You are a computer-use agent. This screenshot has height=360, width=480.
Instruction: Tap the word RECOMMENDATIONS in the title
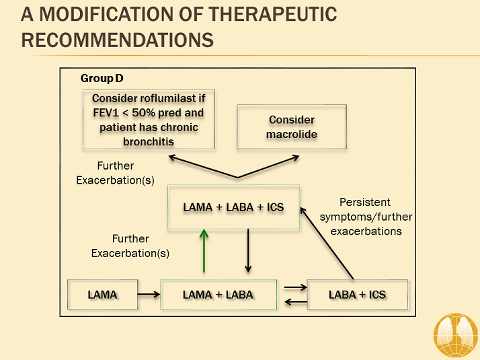point(118,40)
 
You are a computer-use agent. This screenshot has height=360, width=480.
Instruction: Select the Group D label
point(97,79)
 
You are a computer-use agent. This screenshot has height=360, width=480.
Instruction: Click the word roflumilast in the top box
point(168,98)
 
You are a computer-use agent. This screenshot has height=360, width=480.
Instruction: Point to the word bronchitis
point(149,141)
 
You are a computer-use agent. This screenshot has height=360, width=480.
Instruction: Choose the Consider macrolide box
point(292,127)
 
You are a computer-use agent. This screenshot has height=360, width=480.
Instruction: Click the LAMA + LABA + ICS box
point(233,207)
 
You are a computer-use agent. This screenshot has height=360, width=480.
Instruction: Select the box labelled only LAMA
point(102,295)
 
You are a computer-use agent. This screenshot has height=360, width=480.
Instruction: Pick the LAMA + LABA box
point(218,295)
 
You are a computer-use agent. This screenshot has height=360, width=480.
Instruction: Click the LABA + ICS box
point(357,295)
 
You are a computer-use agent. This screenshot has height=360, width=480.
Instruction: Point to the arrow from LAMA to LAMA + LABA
point(149,295)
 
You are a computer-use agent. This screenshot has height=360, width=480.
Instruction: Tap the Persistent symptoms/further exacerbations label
point(365,217)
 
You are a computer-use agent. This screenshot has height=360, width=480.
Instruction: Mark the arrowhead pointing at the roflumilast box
point(171,157)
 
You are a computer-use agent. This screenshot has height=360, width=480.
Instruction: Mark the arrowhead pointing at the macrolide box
point(296,157)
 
